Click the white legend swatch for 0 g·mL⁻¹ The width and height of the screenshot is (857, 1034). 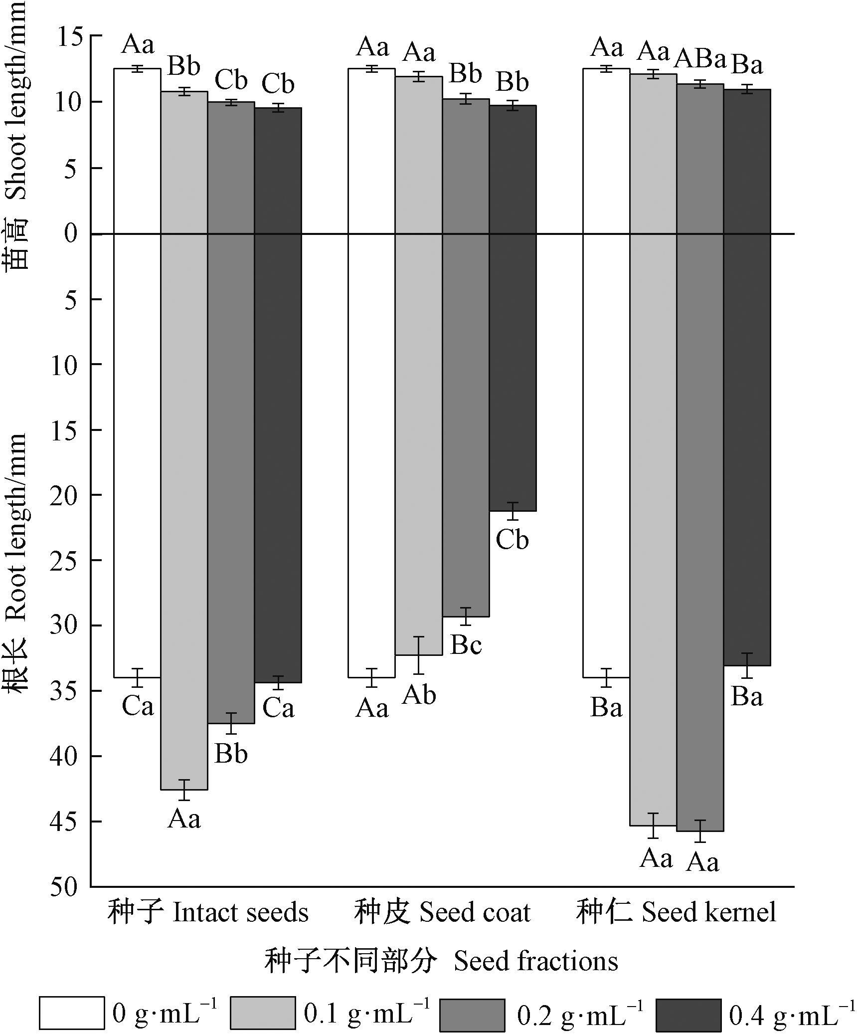point(72,1013)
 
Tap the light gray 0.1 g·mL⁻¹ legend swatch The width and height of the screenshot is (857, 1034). point(262,1013)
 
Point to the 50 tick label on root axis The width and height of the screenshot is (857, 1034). point(64,888)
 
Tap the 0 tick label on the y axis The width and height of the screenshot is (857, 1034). point(71,233)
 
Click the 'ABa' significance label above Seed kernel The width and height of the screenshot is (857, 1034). point(700,60)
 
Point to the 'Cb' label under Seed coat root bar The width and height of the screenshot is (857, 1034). point(512,540)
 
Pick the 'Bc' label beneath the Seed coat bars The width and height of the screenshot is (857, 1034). point(466,645)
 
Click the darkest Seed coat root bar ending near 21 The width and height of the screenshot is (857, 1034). point(513,374)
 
